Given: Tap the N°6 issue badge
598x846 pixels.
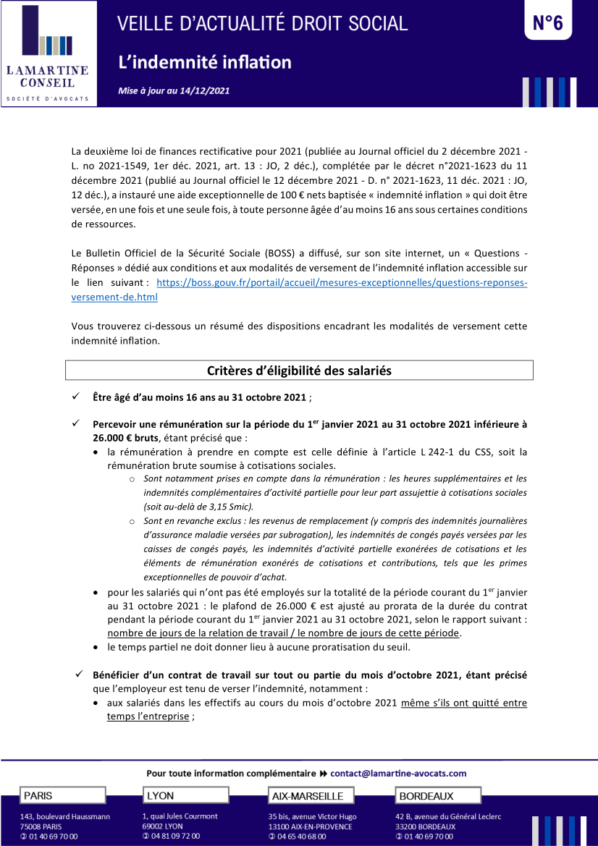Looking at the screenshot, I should (x=547, y=23).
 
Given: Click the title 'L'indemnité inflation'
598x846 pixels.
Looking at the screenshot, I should (x=205, y=62).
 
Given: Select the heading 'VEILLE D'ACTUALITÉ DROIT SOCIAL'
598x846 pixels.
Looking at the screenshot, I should (x=263, y=23).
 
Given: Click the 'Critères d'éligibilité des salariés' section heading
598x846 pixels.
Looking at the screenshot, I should (x=299, y=371).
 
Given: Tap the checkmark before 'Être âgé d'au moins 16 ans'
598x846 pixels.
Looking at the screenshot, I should (x=76, y=397).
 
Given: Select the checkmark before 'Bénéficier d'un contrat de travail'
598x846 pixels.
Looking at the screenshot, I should (x=80, y=674).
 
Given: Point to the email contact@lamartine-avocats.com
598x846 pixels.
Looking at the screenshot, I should (x=398, y=773).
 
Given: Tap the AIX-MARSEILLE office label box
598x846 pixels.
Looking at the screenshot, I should (x=311, y=796).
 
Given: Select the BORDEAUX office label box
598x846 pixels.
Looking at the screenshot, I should (x=438, y=796).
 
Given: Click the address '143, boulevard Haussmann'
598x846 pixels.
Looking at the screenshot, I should (x=65, y=816).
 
